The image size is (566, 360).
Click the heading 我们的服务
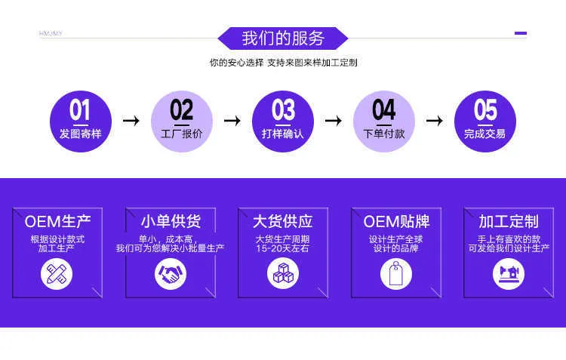(x=283, y=38)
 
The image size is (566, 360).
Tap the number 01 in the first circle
(x=80, y=109)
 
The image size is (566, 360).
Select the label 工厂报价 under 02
(x=182, y=134)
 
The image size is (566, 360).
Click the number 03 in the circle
(x=283, y=109)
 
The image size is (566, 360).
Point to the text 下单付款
(x=384, y=134)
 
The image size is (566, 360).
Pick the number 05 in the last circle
(x=485, y=109)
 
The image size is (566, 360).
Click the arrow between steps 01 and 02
(x=131, y=120)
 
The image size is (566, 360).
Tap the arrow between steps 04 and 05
(x=434, y=120)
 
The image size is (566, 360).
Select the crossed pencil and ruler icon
(x=57, y=274)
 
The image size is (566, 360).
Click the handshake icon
(x=171, y=274)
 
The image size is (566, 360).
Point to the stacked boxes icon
(x=283, y=273)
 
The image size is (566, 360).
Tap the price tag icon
(x=396, y=274)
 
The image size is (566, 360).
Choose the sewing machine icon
(x=509, y=274)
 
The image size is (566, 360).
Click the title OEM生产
(x=58, y=222)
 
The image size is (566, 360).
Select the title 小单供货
(x=171, y=221)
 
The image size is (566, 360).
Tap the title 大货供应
(x=283, y=221)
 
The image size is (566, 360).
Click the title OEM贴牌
(x=396, y=222)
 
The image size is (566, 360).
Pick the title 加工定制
(x=509, y=221)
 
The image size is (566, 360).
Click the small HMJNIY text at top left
(x=51, y=33)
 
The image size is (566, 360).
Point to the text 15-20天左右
(x=283, y=248)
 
